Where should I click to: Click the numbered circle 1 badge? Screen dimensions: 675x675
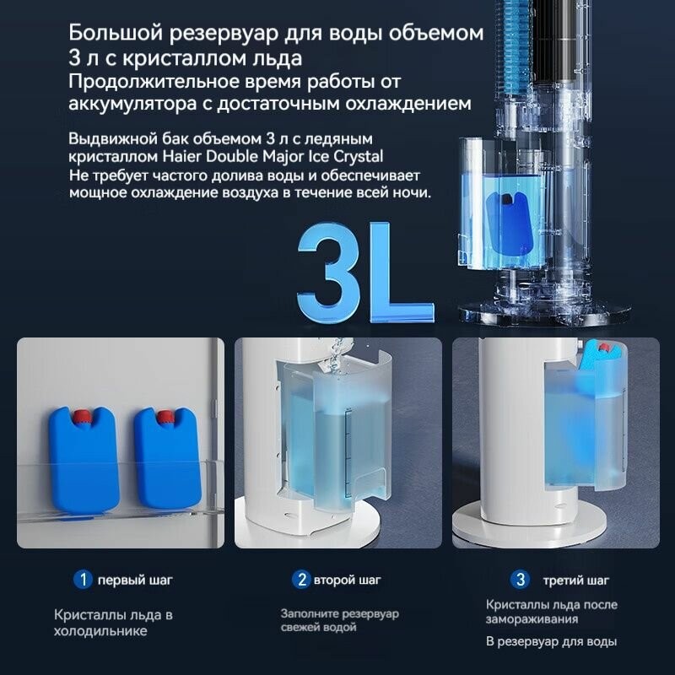pyautogui.click(x=83, y=580)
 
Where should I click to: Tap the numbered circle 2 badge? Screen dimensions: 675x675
pyautogui.click(x=301, y=580)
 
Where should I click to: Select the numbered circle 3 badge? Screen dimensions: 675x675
pyautogui.click(x=520, y=580)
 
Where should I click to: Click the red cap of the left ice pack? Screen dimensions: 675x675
pyautogui.click(x=80, y=417)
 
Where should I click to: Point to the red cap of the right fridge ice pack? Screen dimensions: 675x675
pyautogui.click(x=165, y=417)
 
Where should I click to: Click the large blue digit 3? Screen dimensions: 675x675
pyautogui.click(x=328, y=272)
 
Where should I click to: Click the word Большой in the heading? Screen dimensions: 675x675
pyautogui.click(x=115, y=33)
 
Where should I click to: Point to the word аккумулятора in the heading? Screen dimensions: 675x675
pyautogui.click(x=132, y=104)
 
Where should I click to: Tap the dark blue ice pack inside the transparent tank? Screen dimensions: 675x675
pyautogui.click(x=510, y=223)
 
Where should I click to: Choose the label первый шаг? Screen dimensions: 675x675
pyautogui.click(x=135, y=580)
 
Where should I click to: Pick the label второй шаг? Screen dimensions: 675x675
pyautogui.click(x=348, y=580)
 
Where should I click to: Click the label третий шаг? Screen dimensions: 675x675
pyautogui.click(x=576, y=580)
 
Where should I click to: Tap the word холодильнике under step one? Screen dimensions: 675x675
pyautogui.click(x=100, y=631)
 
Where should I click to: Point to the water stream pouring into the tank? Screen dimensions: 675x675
pyautogui.click(x=334, y=354)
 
